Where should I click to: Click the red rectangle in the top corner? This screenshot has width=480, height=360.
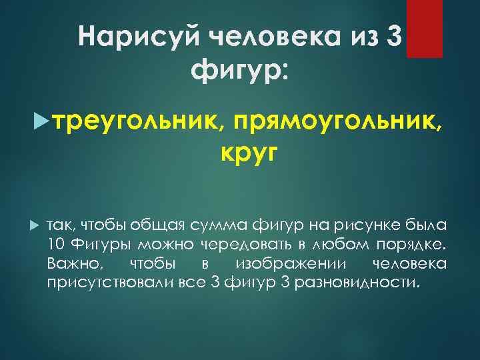point(425,28)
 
